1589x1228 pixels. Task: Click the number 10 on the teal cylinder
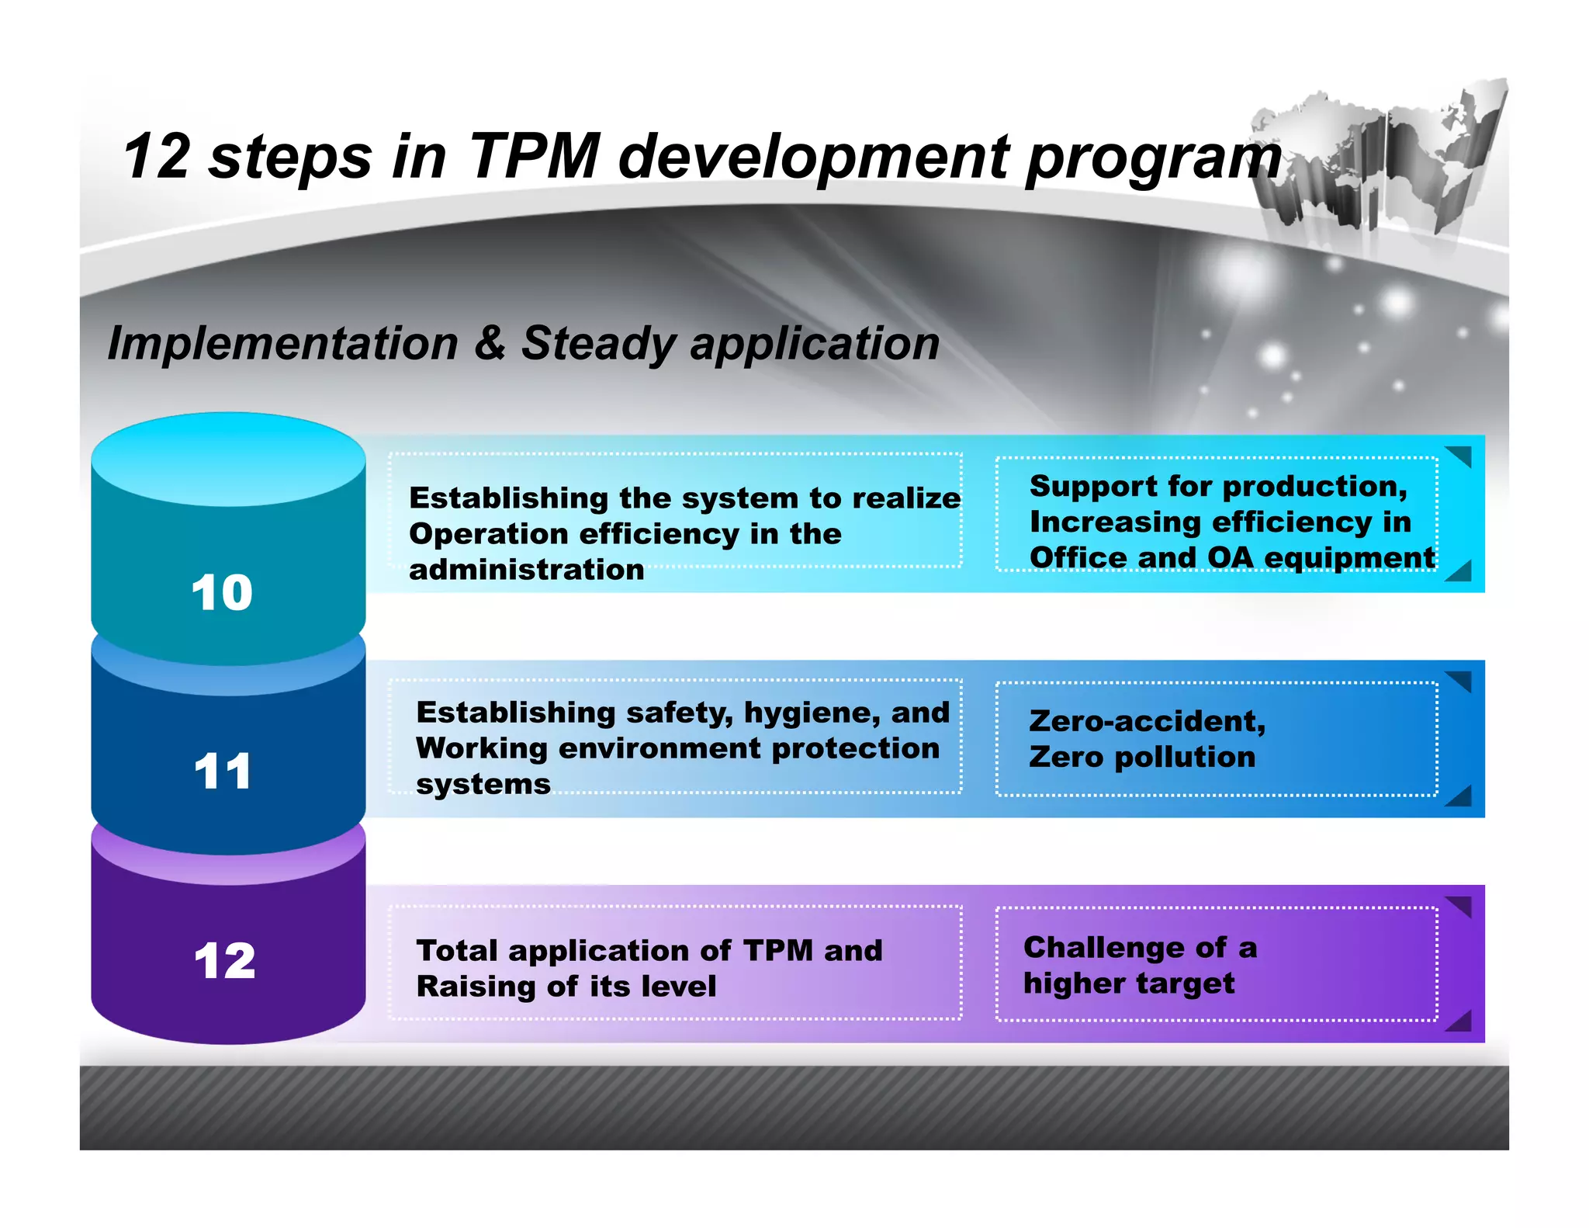click(222, 593)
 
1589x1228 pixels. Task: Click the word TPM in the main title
click(535, 155)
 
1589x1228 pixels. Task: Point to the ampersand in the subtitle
click(489, 342)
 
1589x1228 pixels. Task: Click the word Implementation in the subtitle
click(283, 342)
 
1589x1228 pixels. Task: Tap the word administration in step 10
click(526, 570)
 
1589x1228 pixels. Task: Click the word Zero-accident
click(1147, 721)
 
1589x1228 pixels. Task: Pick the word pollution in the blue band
click(1185, 757)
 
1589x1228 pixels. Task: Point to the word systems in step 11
click(483, 784)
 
